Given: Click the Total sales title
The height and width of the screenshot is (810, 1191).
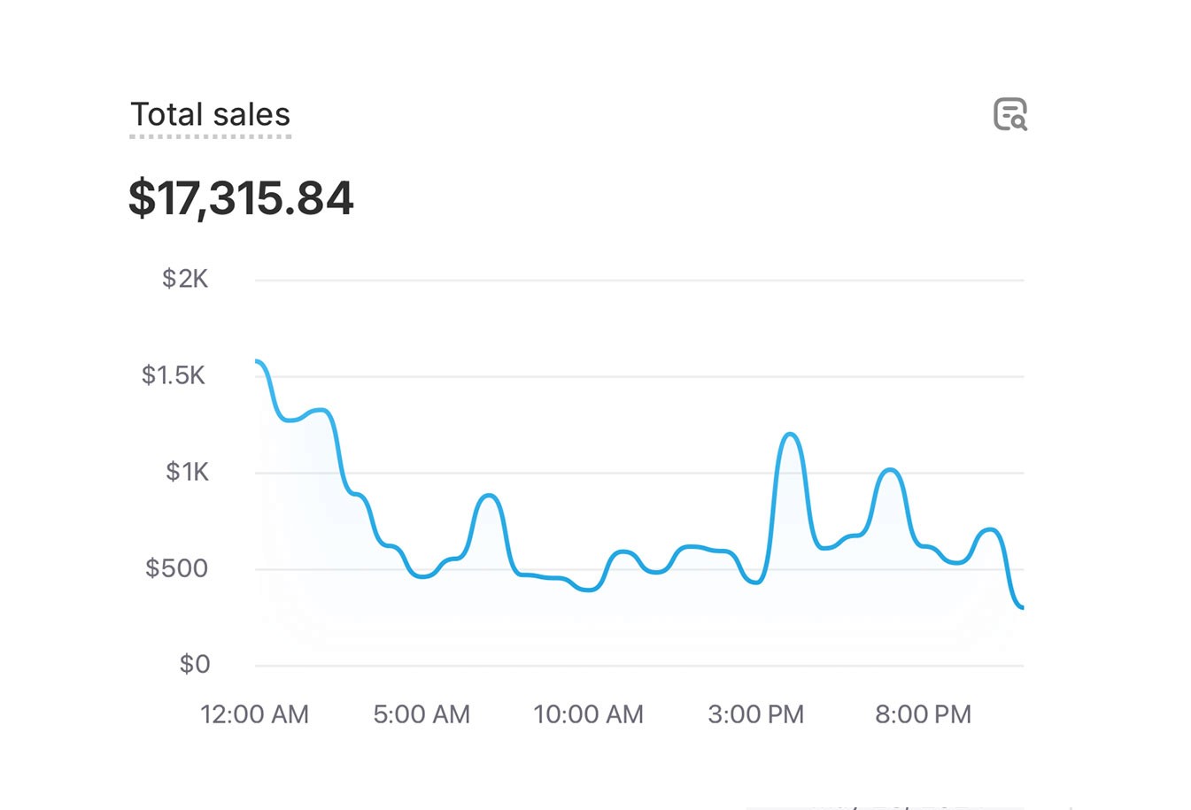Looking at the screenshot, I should (210, 115).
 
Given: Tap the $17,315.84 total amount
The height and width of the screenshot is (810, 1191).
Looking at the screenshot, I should (241, 197).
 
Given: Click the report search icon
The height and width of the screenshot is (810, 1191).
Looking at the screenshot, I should (1009, 115).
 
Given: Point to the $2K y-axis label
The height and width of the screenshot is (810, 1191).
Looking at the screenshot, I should (184, 279).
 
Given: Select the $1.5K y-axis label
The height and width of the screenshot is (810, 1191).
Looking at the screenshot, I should (174, 375).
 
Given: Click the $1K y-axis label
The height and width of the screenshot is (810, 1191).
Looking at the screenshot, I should (187, 472).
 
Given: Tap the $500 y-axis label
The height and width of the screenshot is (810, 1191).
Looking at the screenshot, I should (176, 568).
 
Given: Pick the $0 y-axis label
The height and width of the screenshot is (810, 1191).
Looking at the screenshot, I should (194, 664).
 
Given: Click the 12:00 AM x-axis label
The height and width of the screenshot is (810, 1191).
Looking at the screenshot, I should (254, 714).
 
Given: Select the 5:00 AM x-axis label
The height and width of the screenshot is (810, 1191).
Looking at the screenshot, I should (421, 714).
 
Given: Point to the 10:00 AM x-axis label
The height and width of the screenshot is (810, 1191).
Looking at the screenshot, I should (588, 714).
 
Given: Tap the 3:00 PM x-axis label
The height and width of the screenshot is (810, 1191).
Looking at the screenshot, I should (755, 714).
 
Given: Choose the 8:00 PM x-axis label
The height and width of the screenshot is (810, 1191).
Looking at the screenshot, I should (923, 714).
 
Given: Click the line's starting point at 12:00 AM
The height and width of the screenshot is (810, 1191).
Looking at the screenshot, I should (257, 361).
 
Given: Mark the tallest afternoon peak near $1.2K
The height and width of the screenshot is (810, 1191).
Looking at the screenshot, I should (790, 434).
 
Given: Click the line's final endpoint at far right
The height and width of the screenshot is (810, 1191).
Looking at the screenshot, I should (1022, 608).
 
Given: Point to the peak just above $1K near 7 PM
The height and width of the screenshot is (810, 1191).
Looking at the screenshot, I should (891, 469).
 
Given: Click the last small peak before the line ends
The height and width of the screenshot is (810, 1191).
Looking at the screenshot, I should (990, 529).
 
